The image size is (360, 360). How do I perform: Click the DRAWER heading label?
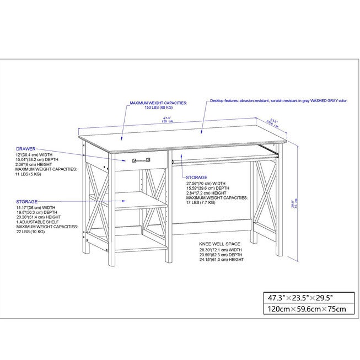click(26, 149)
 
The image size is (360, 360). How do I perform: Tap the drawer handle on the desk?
click(141, 160)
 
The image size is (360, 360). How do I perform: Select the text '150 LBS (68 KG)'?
click(158, 108)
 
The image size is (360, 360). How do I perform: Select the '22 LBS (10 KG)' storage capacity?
click(31, 232)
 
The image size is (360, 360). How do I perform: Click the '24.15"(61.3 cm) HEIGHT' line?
click(222, 259)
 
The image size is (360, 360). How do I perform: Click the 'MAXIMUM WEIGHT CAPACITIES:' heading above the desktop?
click(158, 103)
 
